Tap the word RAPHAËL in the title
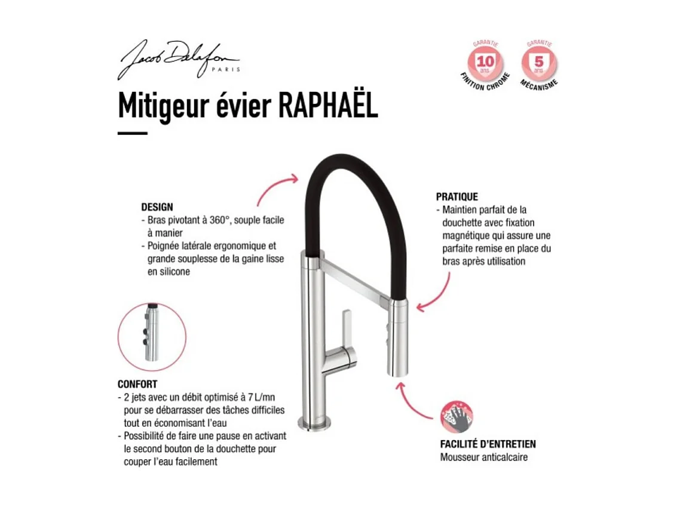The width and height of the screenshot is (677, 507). [x=328, y=106]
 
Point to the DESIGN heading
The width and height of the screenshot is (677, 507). [x=157, y=207]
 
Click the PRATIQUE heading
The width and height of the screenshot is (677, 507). [x=457, y=196]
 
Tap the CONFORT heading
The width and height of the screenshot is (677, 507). [x=137, y=385]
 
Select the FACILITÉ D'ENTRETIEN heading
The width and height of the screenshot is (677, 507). [x=488, y=444]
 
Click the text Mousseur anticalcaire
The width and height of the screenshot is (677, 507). [x=484, y=457]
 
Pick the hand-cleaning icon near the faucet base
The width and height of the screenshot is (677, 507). [x=457, y=416]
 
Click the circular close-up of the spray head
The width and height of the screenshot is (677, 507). [x=152, y=337]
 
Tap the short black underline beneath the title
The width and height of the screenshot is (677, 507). [x=132, y=133]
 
